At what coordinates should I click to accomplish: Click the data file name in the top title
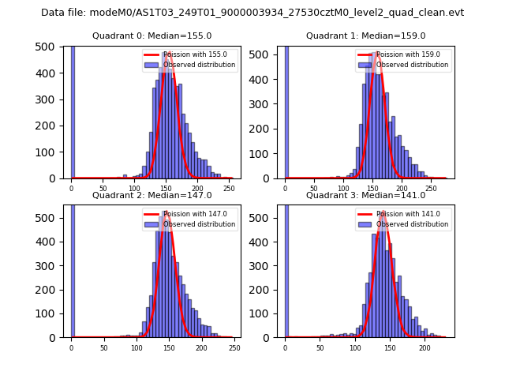tap(252, 13)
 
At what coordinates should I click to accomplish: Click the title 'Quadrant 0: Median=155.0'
tap(151, 36)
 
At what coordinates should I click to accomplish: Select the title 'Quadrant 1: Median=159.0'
tap(365, 36)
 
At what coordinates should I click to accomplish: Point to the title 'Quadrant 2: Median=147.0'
tap(151, 195)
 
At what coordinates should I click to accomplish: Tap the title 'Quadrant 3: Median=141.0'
tap(365, 195)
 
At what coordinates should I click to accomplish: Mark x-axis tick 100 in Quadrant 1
tap(343, 189)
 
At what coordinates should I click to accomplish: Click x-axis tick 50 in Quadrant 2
tap(103, 347)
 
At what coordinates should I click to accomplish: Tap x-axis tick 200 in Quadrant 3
tap(425, 347)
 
